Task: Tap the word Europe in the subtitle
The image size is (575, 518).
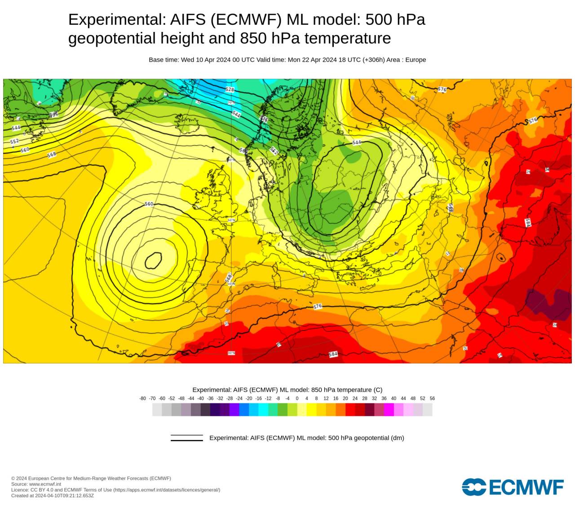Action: pyautogui.click(x=416, y=60)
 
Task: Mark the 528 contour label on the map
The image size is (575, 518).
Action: pyautogui.click(x=230, y=89)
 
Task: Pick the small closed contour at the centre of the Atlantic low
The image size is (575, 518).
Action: pyautogui.click(x=154, y=260)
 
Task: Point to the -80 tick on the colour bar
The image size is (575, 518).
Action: pyautogui.click(x=142, y=398)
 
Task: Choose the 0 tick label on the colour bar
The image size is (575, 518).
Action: pyautogui.click(x=297, y=398)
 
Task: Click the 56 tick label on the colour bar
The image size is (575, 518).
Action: pyautogui.click(x=432, y=398)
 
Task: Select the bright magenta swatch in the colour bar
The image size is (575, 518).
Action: pyautogui.click(x=389, y=410)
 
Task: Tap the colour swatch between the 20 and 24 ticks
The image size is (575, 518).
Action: pyautogui.click(x=350, y=410)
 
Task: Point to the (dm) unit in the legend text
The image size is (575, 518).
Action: pyautogui.click(x=397, y=438)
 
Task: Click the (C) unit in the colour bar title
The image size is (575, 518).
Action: pyautogui.click(x=378, y=390)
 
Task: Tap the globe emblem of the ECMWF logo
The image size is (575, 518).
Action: pyautogui.click(x=474, y=487)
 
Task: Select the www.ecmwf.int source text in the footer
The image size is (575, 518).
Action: pyautogui.click(x=45, y=484)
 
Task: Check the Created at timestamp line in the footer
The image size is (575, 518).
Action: pyautogui.click(x=53, y=496)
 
